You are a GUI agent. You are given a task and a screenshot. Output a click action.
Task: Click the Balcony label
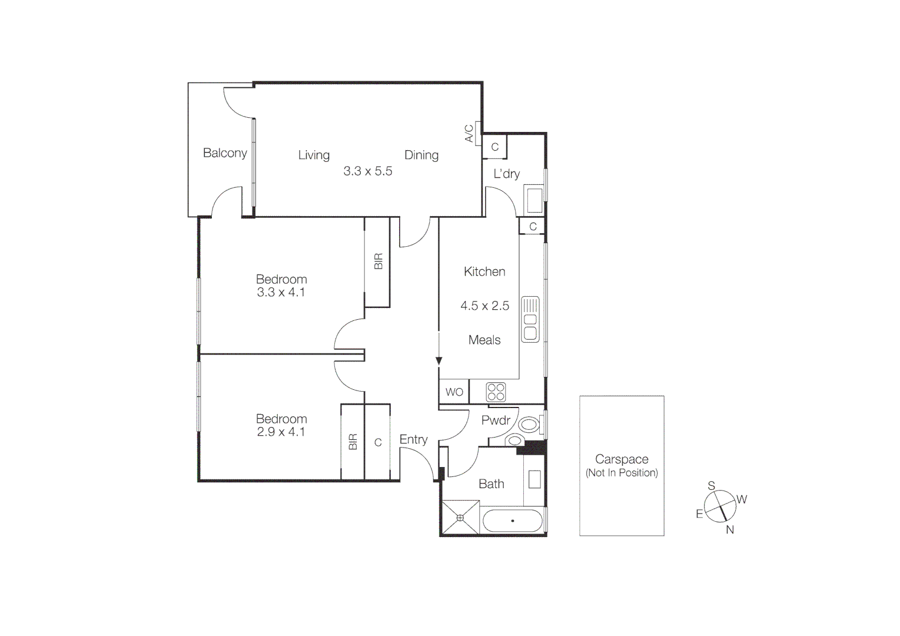pos(225,153)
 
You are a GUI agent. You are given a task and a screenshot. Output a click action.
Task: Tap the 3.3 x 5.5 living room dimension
pos(367,171)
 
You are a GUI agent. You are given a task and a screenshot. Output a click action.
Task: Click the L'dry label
pos(506,174)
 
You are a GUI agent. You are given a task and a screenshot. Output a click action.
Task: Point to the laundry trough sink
pos(534,200)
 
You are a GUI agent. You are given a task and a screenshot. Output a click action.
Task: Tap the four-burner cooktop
pos(496,392)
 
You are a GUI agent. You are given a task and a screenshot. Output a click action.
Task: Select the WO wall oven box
pos(454,392)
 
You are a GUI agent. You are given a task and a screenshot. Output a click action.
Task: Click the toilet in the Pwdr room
pos(529,424)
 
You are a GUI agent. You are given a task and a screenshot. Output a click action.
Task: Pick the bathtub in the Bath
pos(512,521)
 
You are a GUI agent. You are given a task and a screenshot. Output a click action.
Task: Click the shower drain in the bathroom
pos(460,518)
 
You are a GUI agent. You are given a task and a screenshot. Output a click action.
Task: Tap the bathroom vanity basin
pos(534,479)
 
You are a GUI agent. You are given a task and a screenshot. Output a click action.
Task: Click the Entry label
pos(413,439)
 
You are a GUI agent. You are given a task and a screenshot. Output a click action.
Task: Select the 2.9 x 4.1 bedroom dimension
pos(281,432)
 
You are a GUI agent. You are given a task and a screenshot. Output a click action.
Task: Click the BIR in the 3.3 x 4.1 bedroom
pos(378,261)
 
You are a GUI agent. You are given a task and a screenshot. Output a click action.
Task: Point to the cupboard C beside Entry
pos(378,442)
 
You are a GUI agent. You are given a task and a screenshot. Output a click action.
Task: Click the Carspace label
pos(622,459)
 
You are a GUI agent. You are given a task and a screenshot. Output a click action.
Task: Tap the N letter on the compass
pos(730,529)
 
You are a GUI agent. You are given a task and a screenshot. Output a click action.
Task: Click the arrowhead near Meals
pos(439,361)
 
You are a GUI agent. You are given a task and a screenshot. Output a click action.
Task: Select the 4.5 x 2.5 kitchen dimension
pos(484,306)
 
